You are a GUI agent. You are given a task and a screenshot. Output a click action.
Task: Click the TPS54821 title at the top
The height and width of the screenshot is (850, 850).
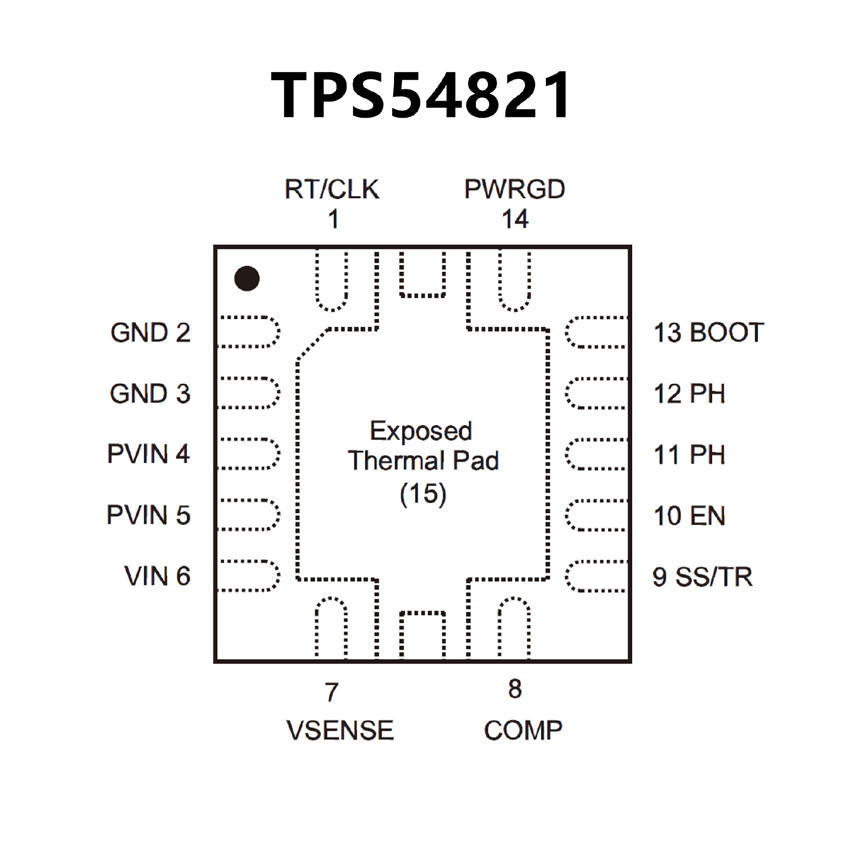click(421, 96)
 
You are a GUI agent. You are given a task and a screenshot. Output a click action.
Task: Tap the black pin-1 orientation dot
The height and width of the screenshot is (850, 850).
click(247, 278)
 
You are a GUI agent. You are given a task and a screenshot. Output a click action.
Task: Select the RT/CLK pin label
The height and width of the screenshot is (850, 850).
click(332, 189)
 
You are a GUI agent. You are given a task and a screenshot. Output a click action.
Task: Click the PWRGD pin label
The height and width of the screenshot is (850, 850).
click(514, 189)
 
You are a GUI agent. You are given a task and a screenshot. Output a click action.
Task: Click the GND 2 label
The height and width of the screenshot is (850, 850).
click(151, 332)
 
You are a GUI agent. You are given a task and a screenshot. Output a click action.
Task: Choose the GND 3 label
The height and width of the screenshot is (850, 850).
click(151, 394)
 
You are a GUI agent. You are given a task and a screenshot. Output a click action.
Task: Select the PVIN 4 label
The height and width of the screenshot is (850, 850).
click(149, 454)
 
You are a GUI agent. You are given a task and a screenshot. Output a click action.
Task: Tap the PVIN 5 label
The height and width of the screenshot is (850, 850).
click(149, 515)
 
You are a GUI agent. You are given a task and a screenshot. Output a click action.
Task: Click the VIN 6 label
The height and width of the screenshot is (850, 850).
click(157, 576)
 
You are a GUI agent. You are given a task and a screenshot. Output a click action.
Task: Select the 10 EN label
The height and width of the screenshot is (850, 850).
click(689, 516)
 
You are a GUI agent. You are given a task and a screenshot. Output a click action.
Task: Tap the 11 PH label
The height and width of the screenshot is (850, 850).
click(689, 455)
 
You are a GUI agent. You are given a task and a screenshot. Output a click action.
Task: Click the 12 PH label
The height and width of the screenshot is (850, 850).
click(689, 394)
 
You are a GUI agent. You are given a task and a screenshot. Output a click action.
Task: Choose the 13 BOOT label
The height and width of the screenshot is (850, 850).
click(709, 332)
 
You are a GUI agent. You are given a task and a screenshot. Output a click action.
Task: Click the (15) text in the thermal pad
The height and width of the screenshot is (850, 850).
click(423, 494)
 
